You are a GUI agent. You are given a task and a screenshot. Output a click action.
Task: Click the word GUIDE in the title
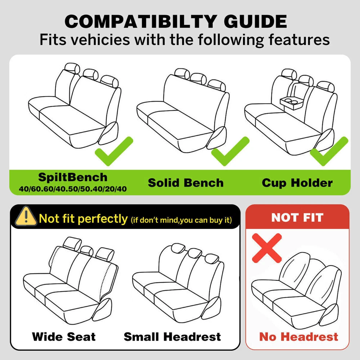click(x=255, y=21)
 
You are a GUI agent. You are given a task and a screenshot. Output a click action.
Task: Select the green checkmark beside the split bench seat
click(x=114, y=151)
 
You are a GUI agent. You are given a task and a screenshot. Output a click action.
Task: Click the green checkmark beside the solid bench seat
click(x=230, y=151)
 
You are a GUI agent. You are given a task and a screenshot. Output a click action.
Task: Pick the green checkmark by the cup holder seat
click(x=329, y=151)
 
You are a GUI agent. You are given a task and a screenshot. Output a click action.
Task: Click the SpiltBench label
click(x=73, y=177)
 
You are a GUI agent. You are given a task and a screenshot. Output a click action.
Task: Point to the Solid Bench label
click(x=186, y=183)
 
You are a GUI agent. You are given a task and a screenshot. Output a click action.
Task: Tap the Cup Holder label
click(x=297, y=183)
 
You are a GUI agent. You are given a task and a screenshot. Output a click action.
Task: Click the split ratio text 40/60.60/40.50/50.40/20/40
click(x=73, y=189)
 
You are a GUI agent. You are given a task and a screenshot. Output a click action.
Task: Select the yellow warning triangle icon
click(x=26, y=216)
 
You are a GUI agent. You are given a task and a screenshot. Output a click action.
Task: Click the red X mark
click(x=267, y=248)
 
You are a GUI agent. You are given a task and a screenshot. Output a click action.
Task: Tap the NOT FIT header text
click(x=297, y=217)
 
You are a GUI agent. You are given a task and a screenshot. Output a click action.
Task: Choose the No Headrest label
click(x=299, y=337)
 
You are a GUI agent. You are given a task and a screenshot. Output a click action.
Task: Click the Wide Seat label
click(x=64, y=337)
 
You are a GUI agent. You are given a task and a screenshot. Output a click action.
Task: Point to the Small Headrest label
click(x=172, y=337)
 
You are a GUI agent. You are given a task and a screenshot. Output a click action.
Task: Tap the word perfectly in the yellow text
click(x=103, y=219)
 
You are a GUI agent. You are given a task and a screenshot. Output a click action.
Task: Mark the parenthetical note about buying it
click(x=181, y=220)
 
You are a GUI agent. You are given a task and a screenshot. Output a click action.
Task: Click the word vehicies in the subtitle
click(x=100, y=40)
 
